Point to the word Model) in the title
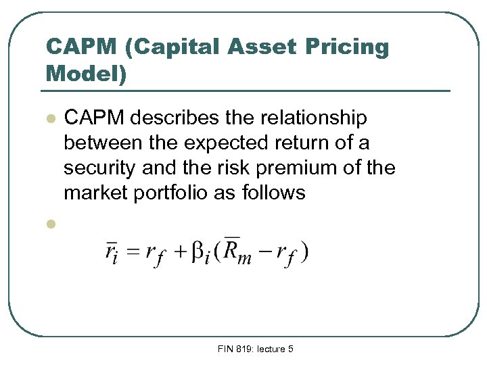click(x=86, y=73)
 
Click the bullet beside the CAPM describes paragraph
click(x=49, y=119)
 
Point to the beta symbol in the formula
click(x=198, y=253)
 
